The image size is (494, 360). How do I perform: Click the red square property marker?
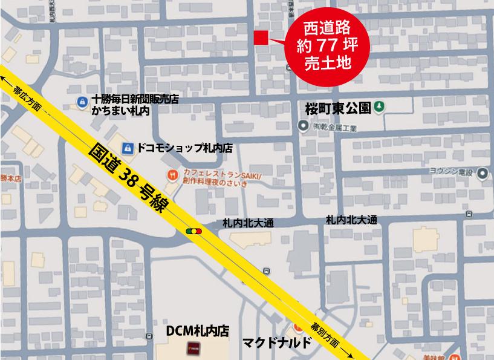tap(261, 37)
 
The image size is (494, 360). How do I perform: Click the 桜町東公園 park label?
tap(337, 108)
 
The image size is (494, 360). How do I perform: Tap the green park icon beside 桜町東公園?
tap(379, 107)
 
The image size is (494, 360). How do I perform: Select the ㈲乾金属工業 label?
tap(336, 127)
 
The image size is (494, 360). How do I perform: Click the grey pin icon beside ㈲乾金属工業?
tap(303, 126)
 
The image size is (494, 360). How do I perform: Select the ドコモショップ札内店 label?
tap(184, 148)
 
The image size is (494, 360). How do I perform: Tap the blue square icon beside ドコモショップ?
tap(128, 148)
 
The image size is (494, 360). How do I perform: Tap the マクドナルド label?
tap(278, 343)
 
